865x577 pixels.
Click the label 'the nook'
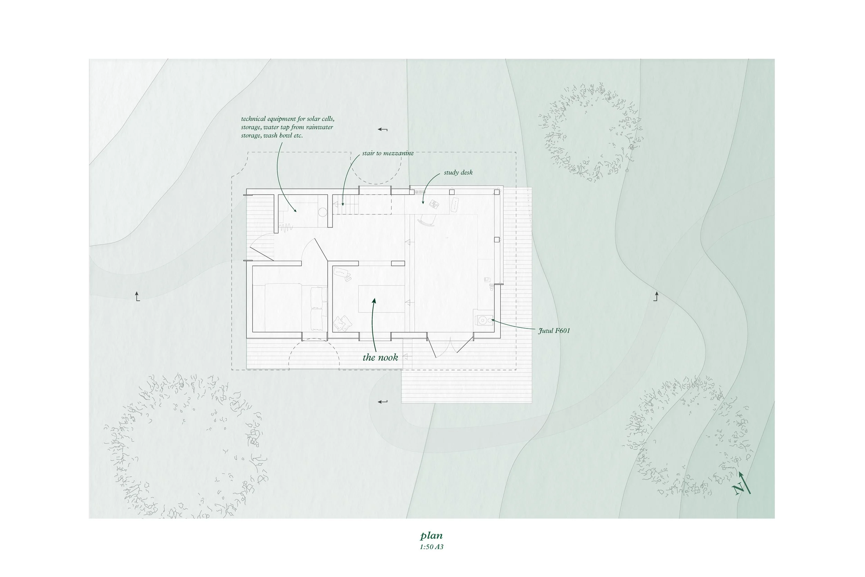(x=380, y=357)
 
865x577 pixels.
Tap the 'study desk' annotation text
(x=458, y=172)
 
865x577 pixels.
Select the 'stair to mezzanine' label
(x=388, y=153)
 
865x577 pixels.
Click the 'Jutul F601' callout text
(x=554, y=331)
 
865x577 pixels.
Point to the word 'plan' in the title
(x=431, y=535)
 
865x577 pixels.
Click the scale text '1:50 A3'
(x=431, y=547)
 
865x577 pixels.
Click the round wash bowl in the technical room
(x=322, y=212)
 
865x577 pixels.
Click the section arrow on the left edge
(x=137, y=296)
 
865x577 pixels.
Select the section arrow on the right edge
(x=656, y=296)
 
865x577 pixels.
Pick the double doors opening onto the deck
(x=450, y=346)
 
